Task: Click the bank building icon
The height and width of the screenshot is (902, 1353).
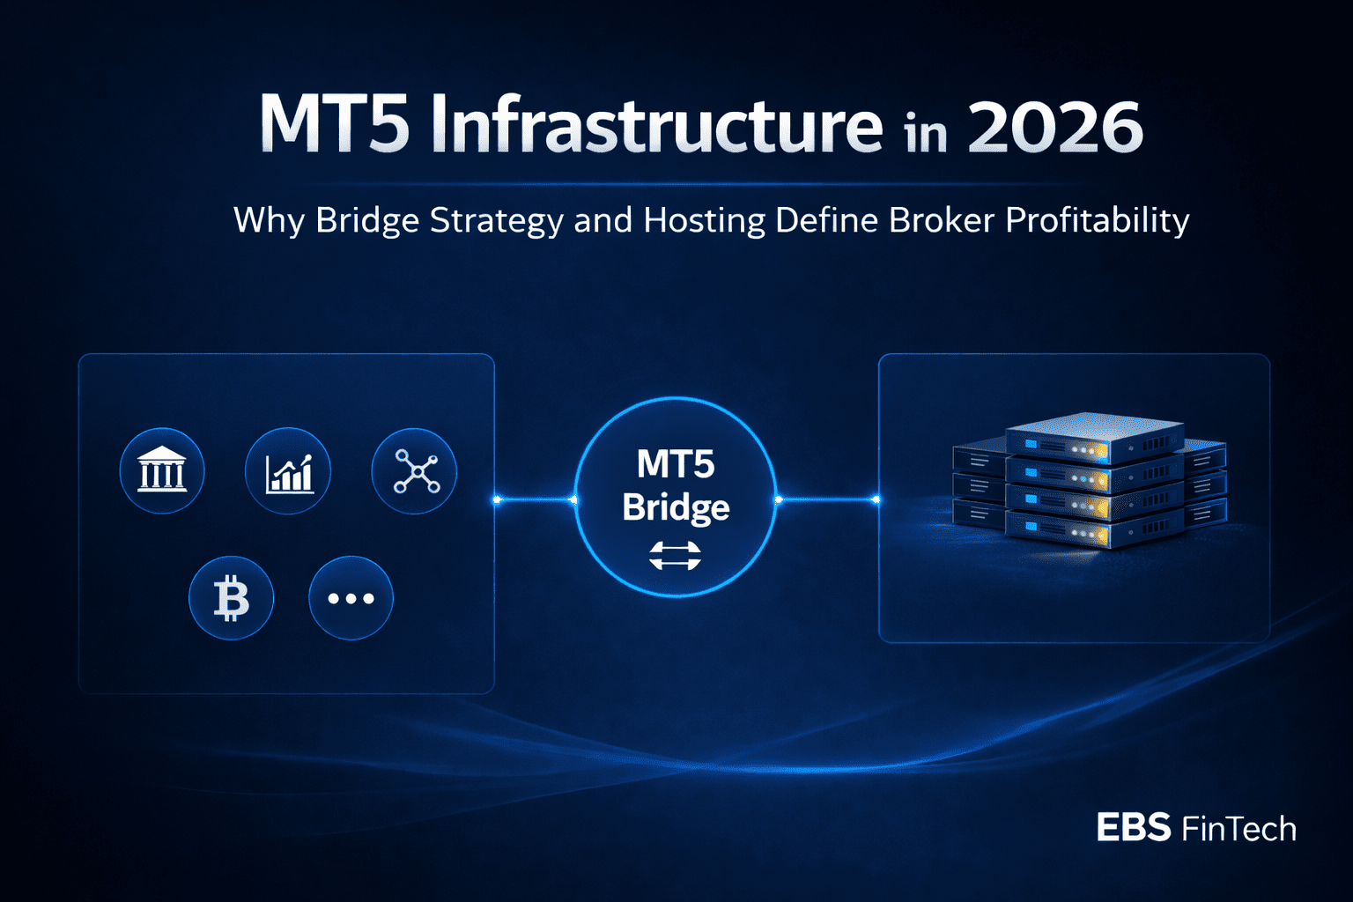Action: (162, 470)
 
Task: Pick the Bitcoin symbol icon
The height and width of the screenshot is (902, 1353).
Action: (232, 597)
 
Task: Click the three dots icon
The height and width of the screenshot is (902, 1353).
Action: (351, 597)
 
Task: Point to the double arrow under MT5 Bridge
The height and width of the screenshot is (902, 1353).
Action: (676, 556)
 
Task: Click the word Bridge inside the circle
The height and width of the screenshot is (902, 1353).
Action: (676, 507)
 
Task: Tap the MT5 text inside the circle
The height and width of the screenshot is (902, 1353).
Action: (676, 463)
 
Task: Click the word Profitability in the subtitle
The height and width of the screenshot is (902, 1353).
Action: (1098, 220)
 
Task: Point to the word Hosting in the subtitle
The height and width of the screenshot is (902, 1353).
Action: (705, 221)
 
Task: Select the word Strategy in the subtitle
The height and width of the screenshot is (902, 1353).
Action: (496, 221)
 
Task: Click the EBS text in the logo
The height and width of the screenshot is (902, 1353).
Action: (1134, 827)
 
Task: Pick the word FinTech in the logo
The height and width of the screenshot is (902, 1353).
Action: (1238, 828)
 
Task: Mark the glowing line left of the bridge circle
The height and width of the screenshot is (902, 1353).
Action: (536, 499)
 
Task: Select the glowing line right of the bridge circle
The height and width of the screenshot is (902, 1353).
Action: (827, 499)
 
